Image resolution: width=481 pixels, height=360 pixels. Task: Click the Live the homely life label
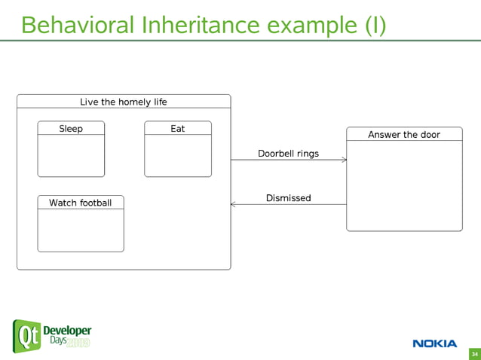click(x=124, y=102)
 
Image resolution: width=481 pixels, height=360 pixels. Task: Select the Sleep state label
click(x=71, y=129)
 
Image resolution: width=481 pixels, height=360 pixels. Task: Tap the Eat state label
click(x=178, y=129)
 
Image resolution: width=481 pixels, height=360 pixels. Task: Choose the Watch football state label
click(x=81, y=203)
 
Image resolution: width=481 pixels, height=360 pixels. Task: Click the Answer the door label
click(x=404, y=135)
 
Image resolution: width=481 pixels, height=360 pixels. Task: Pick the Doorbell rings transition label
click(x=288, y=154)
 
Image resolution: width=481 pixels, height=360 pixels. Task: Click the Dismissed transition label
click(x=288, y=198)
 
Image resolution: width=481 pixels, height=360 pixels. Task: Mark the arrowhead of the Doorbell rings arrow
click(x=344, y=160)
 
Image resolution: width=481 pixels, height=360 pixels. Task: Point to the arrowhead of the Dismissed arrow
click(x=234, y=204)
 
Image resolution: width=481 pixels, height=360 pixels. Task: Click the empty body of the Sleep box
click(x=71, y=156)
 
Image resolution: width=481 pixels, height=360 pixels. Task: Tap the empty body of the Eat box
click(x=178, y=156)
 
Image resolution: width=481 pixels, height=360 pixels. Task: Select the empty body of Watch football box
click(x=81, y=230)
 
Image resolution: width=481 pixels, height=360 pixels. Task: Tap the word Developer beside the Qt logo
click(x=67, y=331)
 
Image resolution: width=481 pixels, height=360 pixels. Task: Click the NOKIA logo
click(x=434, y=343)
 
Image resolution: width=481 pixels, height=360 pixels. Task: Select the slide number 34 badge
click(x=474, y=354)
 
